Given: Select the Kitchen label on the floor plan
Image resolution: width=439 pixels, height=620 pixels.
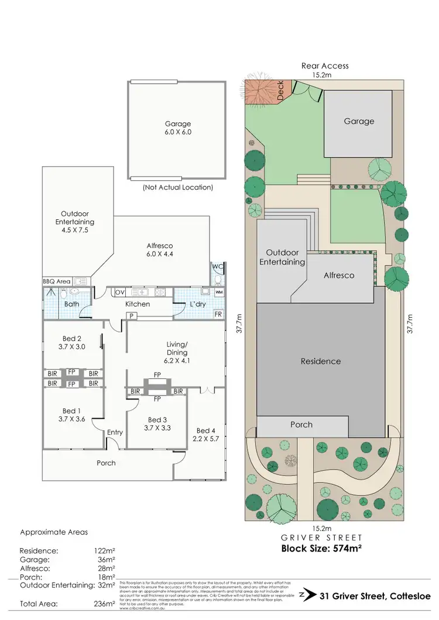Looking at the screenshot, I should pyautogui.click(x=138, y=304).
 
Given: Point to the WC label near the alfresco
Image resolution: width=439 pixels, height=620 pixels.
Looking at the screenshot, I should pyautogui.click(x=218, y=267).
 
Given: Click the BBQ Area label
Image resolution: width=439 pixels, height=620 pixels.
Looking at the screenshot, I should pyautogui.click(x=56, y=281).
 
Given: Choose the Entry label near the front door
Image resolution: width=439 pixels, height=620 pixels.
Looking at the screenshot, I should pyautogui.click(x=115, y=432).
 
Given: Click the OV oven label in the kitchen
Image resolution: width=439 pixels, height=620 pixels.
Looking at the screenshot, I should pyautogui.click(x=121, y=291).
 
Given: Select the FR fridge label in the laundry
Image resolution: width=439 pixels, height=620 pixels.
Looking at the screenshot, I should pyautogui.click(x=218, y=314).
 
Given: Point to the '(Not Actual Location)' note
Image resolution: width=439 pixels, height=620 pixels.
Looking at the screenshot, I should pyautogui.click(x=177, y=188).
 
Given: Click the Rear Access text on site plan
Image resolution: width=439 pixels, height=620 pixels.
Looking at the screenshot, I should pyautogui.click(x=325, y=66).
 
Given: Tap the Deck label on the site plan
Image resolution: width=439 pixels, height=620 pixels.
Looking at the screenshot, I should pyautogui.click(x=280, y=91).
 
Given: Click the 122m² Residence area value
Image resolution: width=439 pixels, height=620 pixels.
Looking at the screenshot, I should pyautogui.click(x=104, y=551).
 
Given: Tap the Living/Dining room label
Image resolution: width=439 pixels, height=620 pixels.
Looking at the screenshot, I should pyautogui.click(x=177, y=349).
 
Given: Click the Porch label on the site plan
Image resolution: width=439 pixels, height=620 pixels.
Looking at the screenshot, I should pyautogui.click(x=301, y=425).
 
